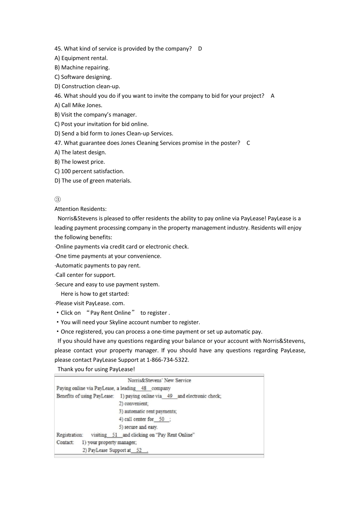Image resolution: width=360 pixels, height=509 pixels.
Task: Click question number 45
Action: point(58,49)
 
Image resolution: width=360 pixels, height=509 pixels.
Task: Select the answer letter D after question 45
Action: point(200,49)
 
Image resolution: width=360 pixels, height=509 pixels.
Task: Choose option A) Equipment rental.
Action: point(81,58)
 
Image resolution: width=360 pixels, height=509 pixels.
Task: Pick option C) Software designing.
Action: point(83,77)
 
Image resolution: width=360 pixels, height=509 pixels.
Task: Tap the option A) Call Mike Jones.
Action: point(78,105)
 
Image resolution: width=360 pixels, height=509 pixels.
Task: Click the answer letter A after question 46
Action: point(272,96)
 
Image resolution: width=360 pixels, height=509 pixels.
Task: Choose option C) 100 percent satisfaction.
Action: point(89,171)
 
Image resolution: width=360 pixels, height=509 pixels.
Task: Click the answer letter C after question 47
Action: point(248,143)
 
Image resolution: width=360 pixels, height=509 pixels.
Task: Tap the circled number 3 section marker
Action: point(58,200)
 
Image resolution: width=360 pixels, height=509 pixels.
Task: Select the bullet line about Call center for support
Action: point(85,275)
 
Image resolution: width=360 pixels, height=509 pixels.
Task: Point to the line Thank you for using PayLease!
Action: point(96,369)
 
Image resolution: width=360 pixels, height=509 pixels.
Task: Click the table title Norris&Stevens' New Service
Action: point(159,380)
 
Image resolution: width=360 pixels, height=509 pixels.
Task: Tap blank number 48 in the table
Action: point(144,388)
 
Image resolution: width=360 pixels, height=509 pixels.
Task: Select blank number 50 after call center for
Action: point(162,419)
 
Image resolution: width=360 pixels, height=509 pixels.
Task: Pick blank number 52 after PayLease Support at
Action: point(139,450)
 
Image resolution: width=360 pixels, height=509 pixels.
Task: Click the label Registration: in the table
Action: point(70,435)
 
